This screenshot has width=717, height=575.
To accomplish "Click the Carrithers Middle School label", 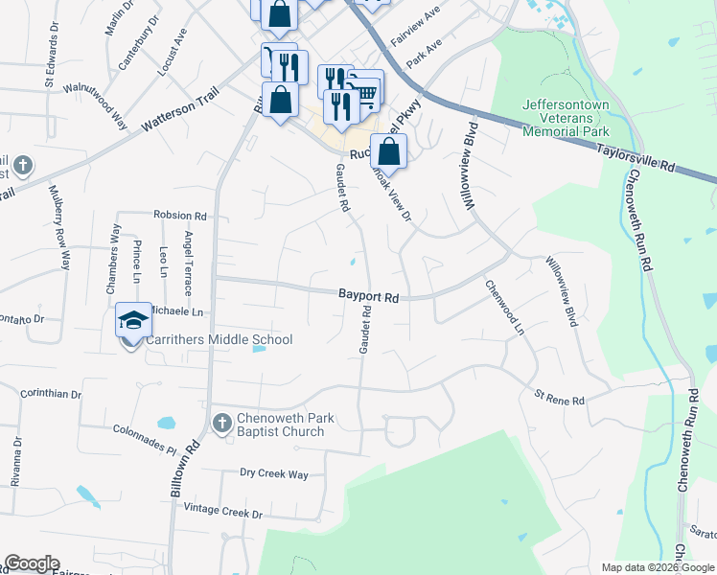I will (219, 340).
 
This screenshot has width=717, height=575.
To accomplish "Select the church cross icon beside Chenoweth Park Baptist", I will (221, 422).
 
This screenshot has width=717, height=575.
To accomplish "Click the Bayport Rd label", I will (368, 297).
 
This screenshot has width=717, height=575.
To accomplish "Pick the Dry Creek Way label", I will (274, 473).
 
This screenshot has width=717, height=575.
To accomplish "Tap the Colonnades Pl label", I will (144, 440).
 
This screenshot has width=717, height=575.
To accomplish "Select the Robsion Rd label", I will (180, 216).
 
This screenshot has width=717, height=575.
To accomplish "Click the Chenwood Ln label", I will (505, 307).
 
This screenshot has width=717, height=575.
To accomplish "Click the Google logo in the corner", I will (32, 563).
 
